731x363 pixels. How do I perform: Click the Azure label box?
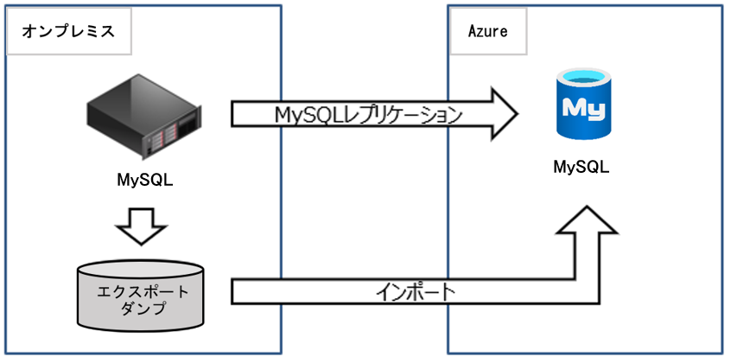487,31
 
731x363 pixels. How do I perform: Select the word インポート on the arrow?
416,291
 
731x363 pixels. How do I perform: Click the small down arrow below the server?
141,224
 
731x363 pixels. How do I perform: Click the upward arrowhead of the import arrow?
587,220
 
